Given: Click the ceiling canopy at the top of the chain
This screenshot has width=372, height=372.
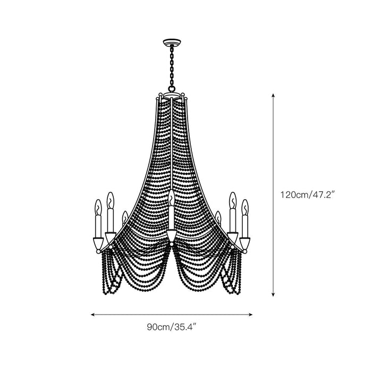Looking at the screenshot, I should [171, 42].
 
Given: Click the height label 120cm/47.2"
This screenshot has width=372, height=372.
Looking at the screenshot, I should [306, 195].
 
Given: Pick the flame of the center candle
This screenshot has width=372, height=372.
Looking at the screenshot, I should [171, 198].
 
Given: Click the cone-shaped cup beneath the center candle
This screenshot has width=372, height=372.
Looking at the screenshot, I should [171, 236].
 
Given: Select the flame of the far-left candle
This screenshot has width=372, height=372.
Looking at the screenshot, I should [98, 206].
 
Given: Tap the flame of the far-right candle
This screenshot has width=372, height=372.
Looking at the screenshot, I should [244, 206].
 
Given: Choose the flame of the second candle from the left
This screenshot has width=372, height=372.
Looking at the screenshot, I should [110, 199].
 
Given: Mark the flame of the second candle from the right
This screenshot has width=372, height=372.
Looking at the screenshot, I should [232, 199].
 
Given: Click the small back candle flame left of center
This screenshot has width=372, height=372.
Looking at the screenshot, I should [124, 216].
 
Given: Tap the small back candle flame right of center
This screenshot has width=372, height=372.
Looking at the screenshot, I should [218, 216].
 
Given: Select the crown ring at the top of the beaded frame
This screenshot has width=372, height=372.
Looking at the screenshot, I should [171, 97].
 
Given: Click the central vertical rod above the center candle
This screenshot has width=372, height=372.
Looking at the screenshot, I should [171, 149].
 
